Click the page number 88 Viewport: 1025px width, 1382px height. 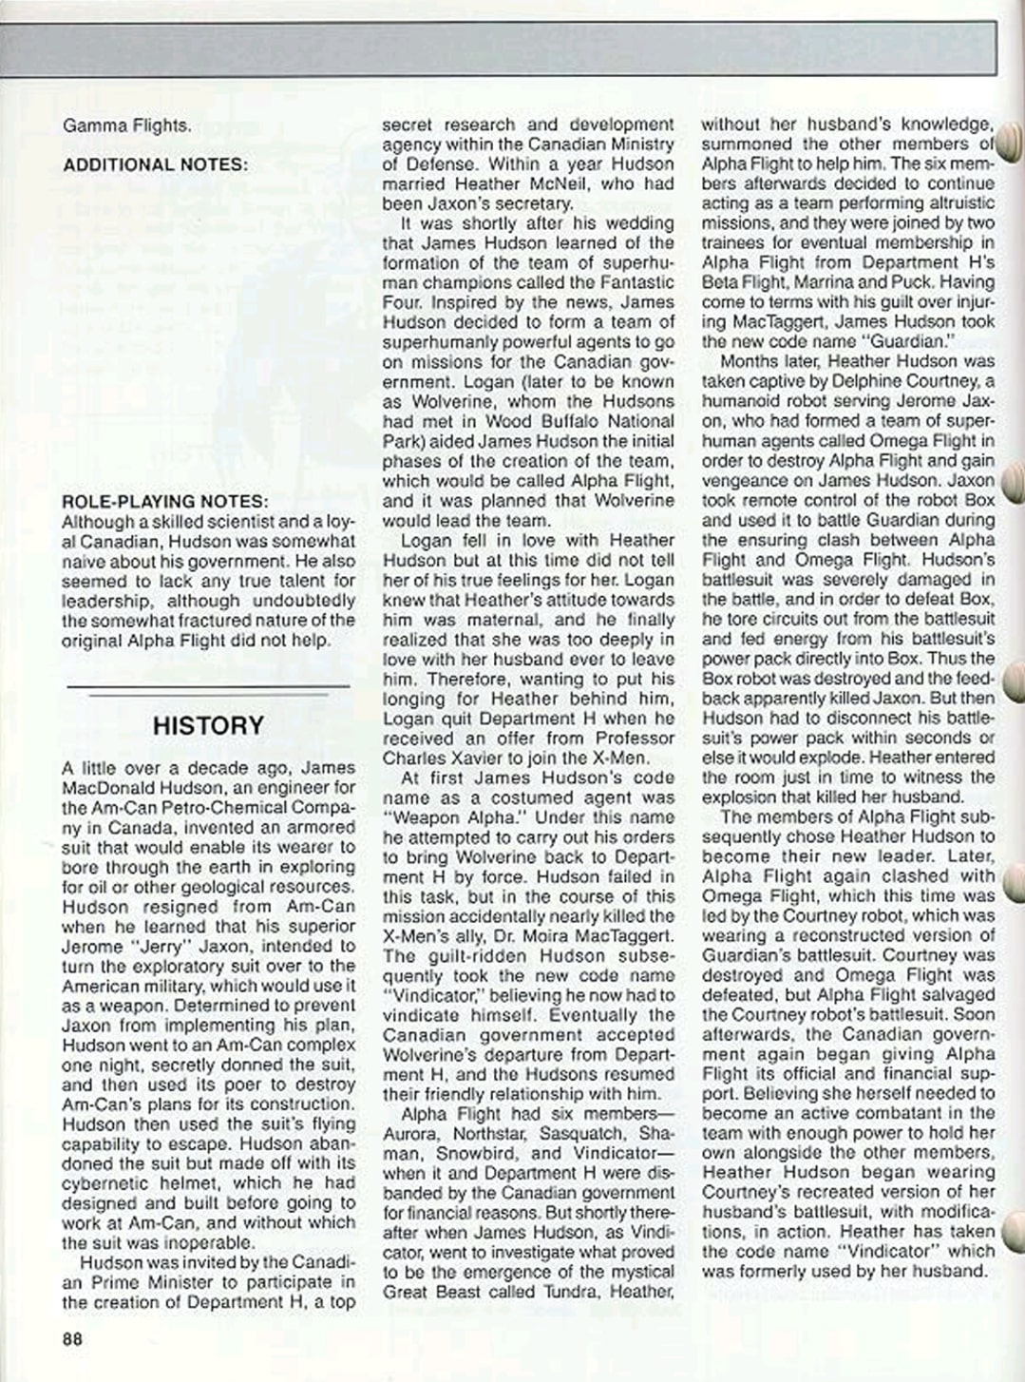(73, 1338)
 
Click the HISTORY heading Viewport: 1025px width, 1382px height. (208, 725)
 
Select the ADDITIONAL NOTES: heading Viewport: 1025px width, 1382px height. (155, 164)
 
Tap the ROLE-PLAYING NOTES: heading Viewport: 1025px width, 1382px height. (164, 501)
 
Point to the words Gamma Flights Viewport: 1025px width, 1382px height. (126, 125)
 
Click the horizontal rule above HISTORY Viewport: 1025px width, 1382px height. (208, 686)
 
